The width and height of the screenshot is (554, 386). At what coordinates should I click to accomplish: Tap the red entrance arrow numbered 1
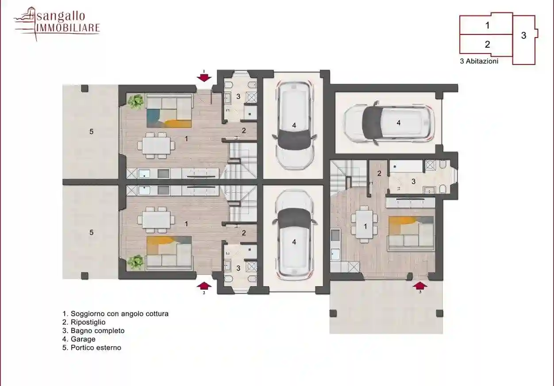point(204,77)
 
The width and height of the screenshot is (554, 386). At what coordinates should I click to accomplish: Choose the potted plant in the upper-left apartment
point(136,102)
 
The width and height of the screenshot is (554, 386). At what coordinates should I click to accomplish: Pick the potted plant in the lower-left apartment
point(135,262)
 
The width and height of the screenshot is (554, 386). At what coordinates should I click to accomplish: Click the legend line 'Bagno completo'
point(93,331)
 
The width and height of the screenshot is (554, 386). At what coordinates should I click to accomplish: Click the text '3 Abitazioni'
point(479,61)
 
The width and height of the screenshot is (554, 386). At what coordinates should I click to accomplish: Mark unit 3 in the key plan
point(523,36)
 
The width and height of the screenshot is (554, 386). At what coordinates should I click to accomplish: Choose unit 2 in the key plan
point(487,45)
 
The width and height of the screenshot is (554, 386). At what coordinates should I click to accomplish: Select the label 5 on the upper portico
point(91,132)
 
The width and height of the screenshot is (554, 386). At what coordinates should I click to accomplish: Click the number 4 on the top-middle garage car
point(294,126)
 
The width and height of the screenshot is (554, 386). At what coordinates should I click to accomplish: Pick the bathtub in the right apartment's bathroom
point(406,166)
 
